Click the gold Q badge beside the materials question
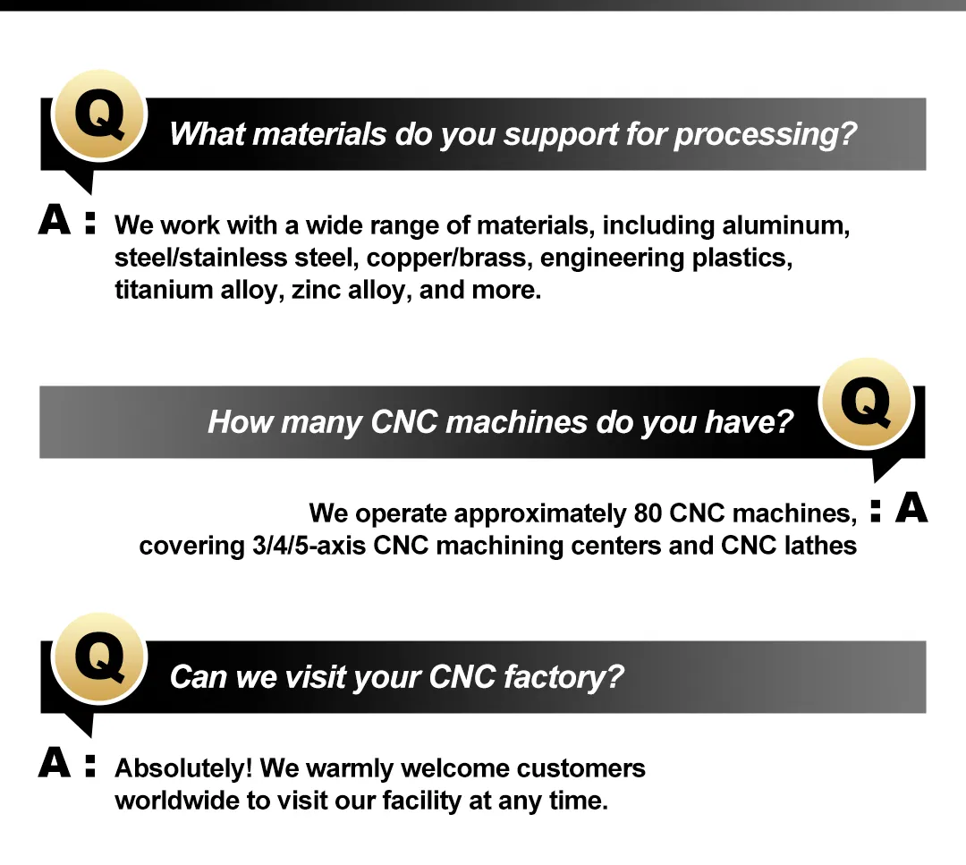pos(99,115)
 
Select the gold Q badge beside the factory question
pos(99,658)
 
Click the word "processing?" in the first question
pos(765,134)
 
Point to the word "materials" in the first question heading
pos(319,133)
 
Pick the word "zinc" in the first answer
pos(316,290)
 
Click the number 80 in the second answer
pos(648,513)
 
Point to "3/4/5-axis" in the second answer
pos(309,546)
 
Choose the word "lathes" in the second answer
pos(820,546)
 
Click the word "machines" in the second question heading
pos(516,422)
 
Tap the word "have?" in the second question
pos(749,422)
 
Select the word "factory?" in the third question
pos(563,677)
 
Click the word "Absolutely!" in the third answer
pos(183,769)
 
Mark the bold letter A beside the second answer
pos(911,508)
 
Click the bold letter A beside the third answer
pos(55,763)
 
